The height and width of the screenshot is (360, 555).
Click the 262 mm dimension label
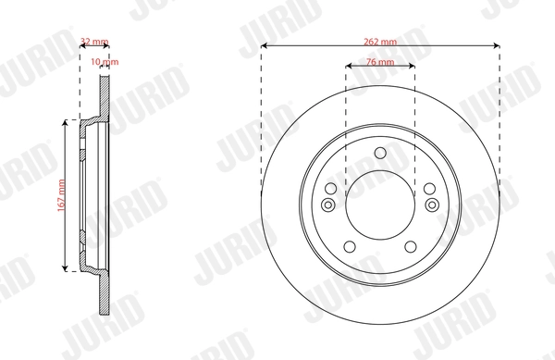(x=380, y=41)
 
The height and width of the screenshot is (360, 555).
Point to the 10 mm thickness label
(x=109, y=62)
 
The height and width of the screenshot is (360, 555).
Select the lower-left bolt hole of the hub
(x=349, y=246)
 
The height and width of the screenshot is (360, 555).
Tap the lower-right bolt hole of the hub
(x=412, y=246)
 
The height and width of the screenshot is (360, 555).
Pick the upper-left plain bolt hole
(x=329, y=189)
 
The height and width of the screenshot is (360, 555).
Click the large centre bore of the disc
(x=380, y=205)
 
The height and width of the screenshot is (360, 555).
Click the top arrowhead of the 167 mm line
(x=65, y=122)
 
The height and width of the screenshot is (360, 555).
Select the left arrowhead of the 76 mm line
(x=349, y=66)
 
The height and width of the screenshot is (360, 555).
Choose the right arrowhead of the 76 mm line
(x=413, y=66)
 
